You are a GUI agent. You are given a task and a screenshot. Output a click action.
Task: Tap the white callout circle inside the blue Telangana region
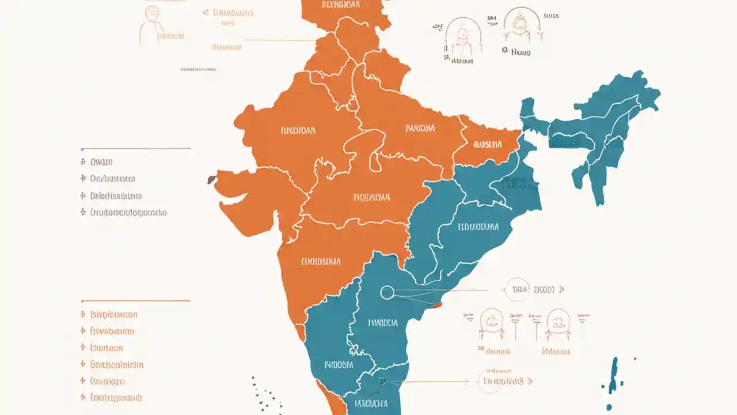[388, 293]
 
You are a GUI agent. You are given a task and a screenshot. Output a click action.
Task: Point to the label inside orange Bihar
[488, 145]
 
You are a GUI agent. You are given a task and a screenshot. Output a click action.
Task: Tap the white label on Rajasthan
[298, 130]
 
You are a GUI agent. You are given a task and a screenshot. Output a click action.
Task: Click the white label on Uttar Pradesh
[420, 129]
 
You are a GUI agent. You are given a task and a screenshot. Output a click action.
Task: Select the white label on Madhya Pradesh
[371, 198]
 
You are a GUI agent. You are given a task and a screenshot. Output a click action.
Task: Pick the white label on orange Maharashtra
[321, 262]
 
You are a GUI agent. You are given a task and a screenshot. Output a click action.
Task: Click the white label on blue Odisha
[478, 227]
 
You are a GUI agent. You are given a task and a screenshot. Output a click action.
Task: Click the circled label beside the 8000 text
[516, 289]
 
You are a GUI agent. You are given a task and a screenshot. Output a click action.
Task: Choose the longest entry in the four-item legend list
[128, 212]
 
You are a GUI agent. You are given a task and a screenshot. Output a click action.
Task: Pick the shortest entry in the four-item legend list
[101, 162]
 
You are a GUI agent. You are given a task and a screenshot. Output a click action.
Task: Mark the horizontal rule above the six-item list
[136, 301]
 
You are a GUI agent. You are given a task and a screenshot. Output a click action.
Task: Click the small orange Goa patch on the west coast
[300, 332]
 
